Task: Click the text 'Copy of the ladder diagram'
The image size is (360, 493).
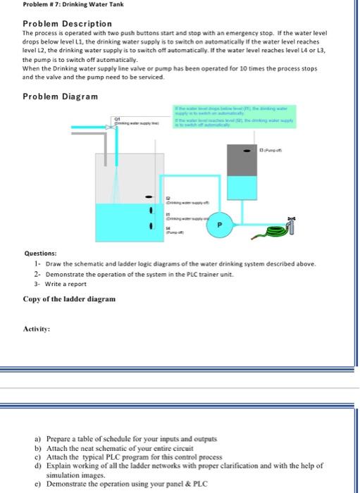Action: [69, 299]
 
